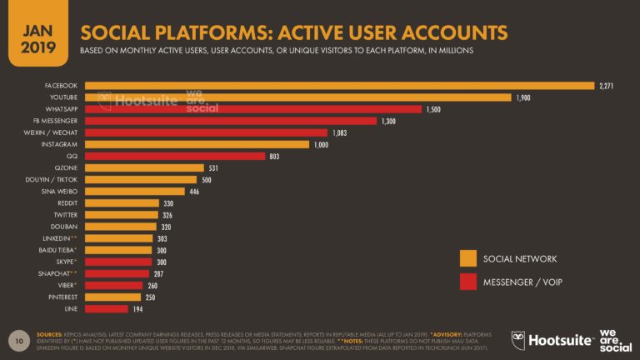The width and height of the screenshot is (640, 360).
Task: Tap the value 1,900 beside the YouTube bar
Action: coord(523,97)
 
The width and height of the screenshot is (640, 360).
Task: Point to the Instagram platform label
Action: coord(62,144)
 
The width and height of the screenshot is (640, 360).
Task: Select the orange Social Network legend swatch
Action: coord(467,259)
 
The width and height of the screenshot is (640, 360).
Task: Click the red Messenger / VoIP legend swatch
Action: coord(467,282)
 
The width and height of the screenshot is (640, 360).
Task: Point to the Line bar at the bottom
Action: coord(106,308)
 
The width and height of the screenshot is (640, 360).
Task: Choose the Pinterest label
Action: coord(62,297)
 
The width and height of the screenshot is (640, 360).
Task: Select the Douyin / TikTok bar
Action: coord(141,179)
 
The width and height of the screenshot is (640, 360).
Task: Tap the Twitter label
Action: coord(66,214)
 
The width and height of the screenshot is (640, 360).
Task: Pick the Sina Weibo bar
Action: coord(135,191)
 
